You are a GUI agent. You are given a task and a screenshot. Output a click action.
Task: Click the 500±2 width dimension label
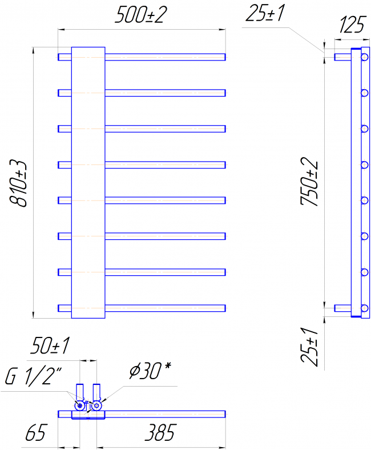pyautogui.click(x=140, y=15)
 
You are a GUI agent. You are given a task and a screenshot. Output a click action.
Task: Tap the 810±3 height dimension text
pyautogui.click(x=18, y=183)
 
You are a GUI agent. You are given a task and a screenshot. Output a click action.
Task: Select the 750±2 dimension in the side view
pyautogui.click(x=309, y=182)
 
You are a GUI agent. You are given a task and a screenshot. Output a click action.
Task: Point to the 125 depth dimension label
pyautogui.click(x=352, y=25)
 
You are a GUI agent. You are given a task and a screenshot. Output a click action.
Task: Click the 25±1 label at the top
pyautogui.click(x=265, y=14)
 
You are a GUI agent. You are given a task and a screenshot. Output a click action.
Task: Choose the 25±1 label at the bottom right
pyautogui.click(x=309, y=347)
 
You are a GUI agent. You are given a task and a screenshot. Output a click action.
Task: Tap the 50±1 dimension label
pyautogui.click(x=50, y=345)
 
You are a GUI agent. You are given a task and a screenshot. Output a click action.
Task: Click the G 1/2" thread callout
pyautogui.click(x=34, y=376)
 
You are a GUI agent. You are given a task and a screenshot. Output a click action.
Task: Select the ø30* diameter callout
pyautogui.click(x=150, y=371)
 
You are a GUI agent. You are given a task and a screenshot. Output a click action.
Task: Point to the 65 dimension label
pyautogui.click(x=35, y=432)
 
